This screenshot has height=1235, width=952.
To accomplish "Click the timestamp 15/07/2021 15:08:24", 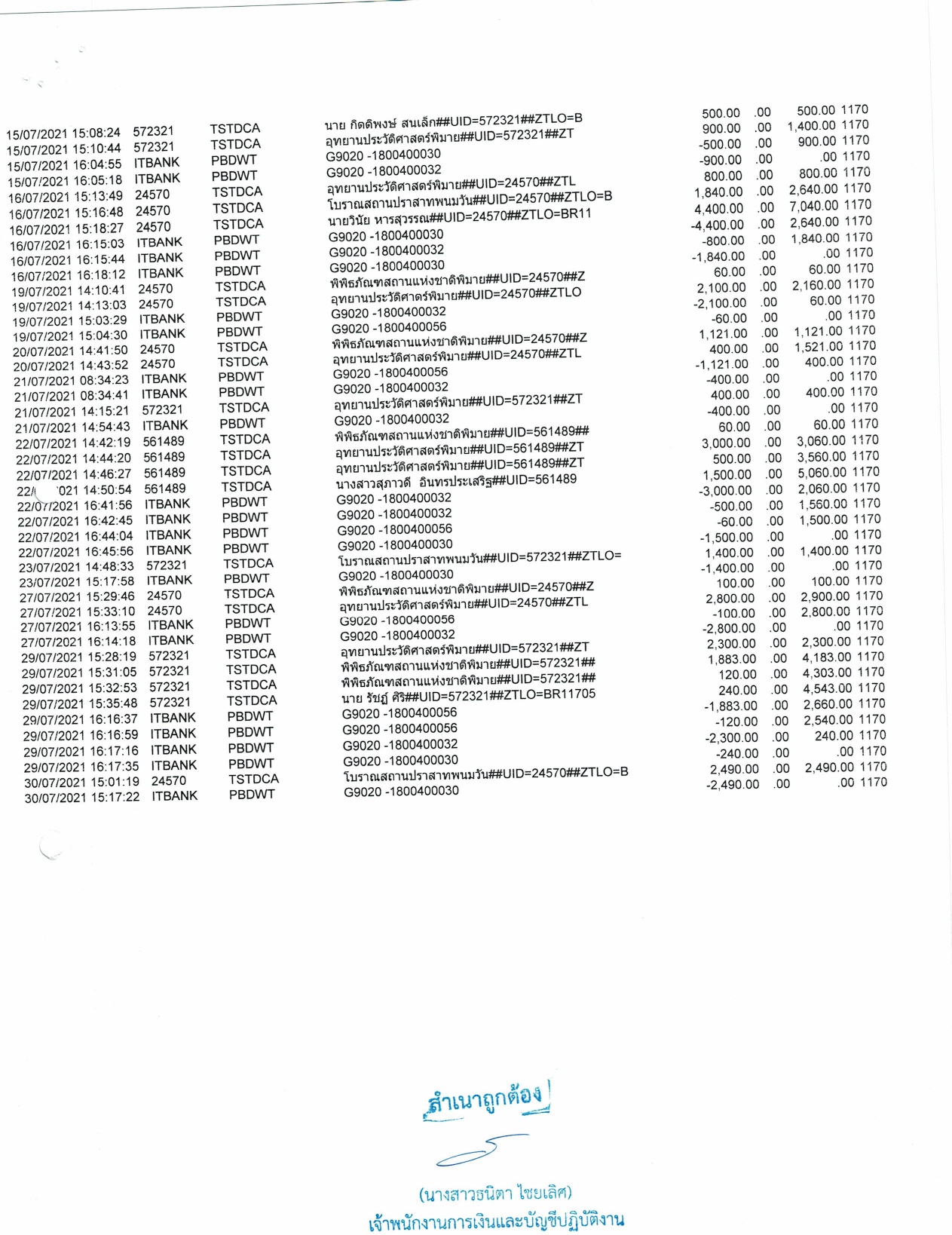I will pos(63,133).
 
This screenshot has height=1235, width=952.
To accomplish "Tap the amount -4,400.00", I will pos(717,225).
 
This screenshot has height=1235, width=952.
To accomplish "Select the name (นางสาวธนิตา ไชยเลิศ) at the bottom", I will pos(494,1194).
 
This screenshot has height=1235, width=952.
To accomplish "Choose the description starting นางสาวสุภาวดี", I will pos(456,481).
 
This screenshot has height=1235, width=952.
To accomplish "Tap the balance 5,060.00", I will pos(822,473).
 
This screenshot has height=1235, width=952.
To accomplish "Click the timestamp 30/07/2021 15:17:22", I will pos(81,798).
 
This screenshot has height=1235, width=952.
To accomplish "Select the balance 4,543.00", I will pos(828,688).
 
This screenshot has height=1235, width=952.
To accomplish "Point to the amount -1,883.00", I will pos(730,706).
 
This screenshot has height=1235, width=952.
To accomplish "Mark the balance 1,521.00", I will pos(819,347).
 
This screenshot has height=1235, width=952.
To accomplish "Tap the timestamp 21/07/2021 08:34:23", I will pos(71,381).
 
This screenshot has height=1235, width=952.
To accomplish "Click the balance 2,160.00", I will pos(816,285).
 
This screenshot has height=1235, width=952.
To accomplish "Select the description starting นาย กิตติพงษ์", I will pos(453,121).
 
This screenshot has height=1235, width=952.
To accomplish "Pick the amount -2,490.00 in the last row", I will pos(732,785).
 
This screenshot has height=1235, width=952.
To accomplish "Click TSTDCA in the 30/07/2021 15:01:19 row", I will pos(253,779).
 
